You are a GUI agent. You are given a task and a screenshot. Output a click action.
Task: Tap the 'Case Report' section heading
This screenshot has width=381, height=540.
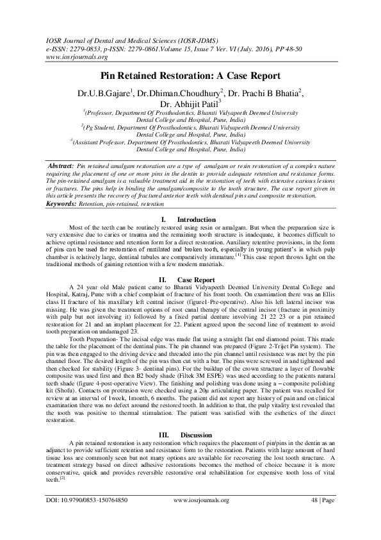coord(195,280)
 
